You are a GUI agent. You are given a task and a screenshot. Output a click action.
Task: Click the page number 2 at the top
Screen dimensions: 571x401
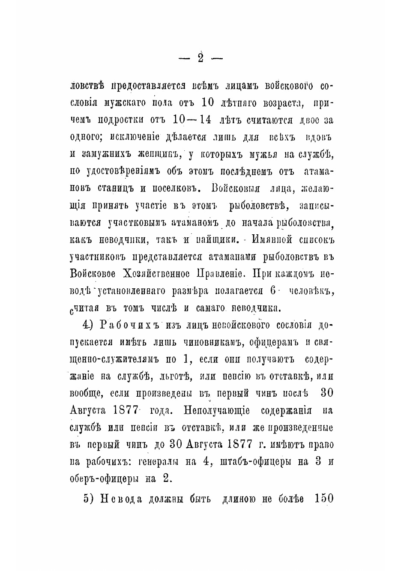click(x=200, y=58)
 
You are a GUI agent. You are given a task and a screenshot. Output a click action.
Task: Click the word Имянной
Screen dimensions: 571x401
click(x=273, y=239)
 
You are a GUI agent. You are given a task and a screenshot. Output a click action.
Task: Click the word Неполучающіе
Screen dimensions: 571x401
click(x=216, y=410)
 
